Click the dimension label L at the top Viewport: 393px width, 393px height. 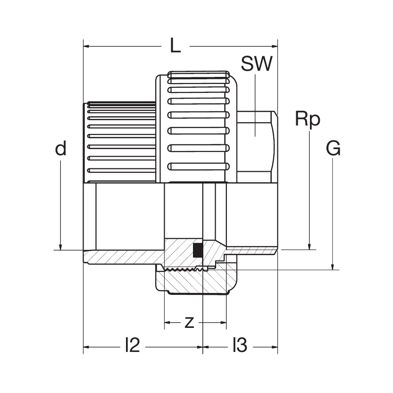point(175,46)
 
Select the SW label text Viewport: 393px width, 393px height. point(256,64)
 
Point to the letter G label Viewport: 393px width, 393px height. point(333,149)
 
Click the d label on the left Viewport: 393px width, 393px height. point(60,149)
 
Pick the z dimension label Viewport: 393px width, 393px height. point(189,323)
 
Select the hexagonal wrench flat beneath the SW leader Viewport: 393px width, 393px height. point(255,146)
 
